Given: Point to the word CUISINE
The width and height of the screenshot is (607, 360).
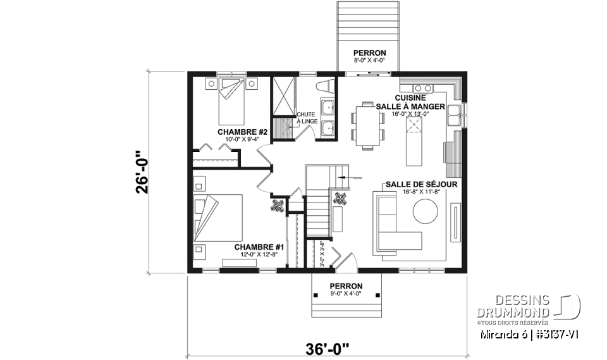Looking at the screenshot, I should click(410, 98).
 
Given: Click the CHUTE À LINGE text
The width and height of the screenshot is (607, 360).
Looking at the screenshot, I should click(306, 118).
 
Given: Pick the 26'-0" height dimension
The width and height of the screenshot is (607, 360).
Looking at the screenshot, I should click(145, 171).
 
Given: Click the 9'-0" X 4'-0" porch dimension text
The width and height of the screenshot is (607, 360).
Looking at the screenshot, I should click(346, 294).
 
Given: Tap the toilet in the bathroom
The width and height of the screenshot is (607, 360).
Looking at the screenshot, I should click(326, 87).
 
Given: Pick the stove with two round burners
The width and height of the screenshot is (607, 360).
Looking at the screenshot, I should click(420, 87).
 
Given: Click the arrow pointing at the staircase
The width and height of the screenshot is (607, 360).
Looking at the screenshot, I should click(352, 178).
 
